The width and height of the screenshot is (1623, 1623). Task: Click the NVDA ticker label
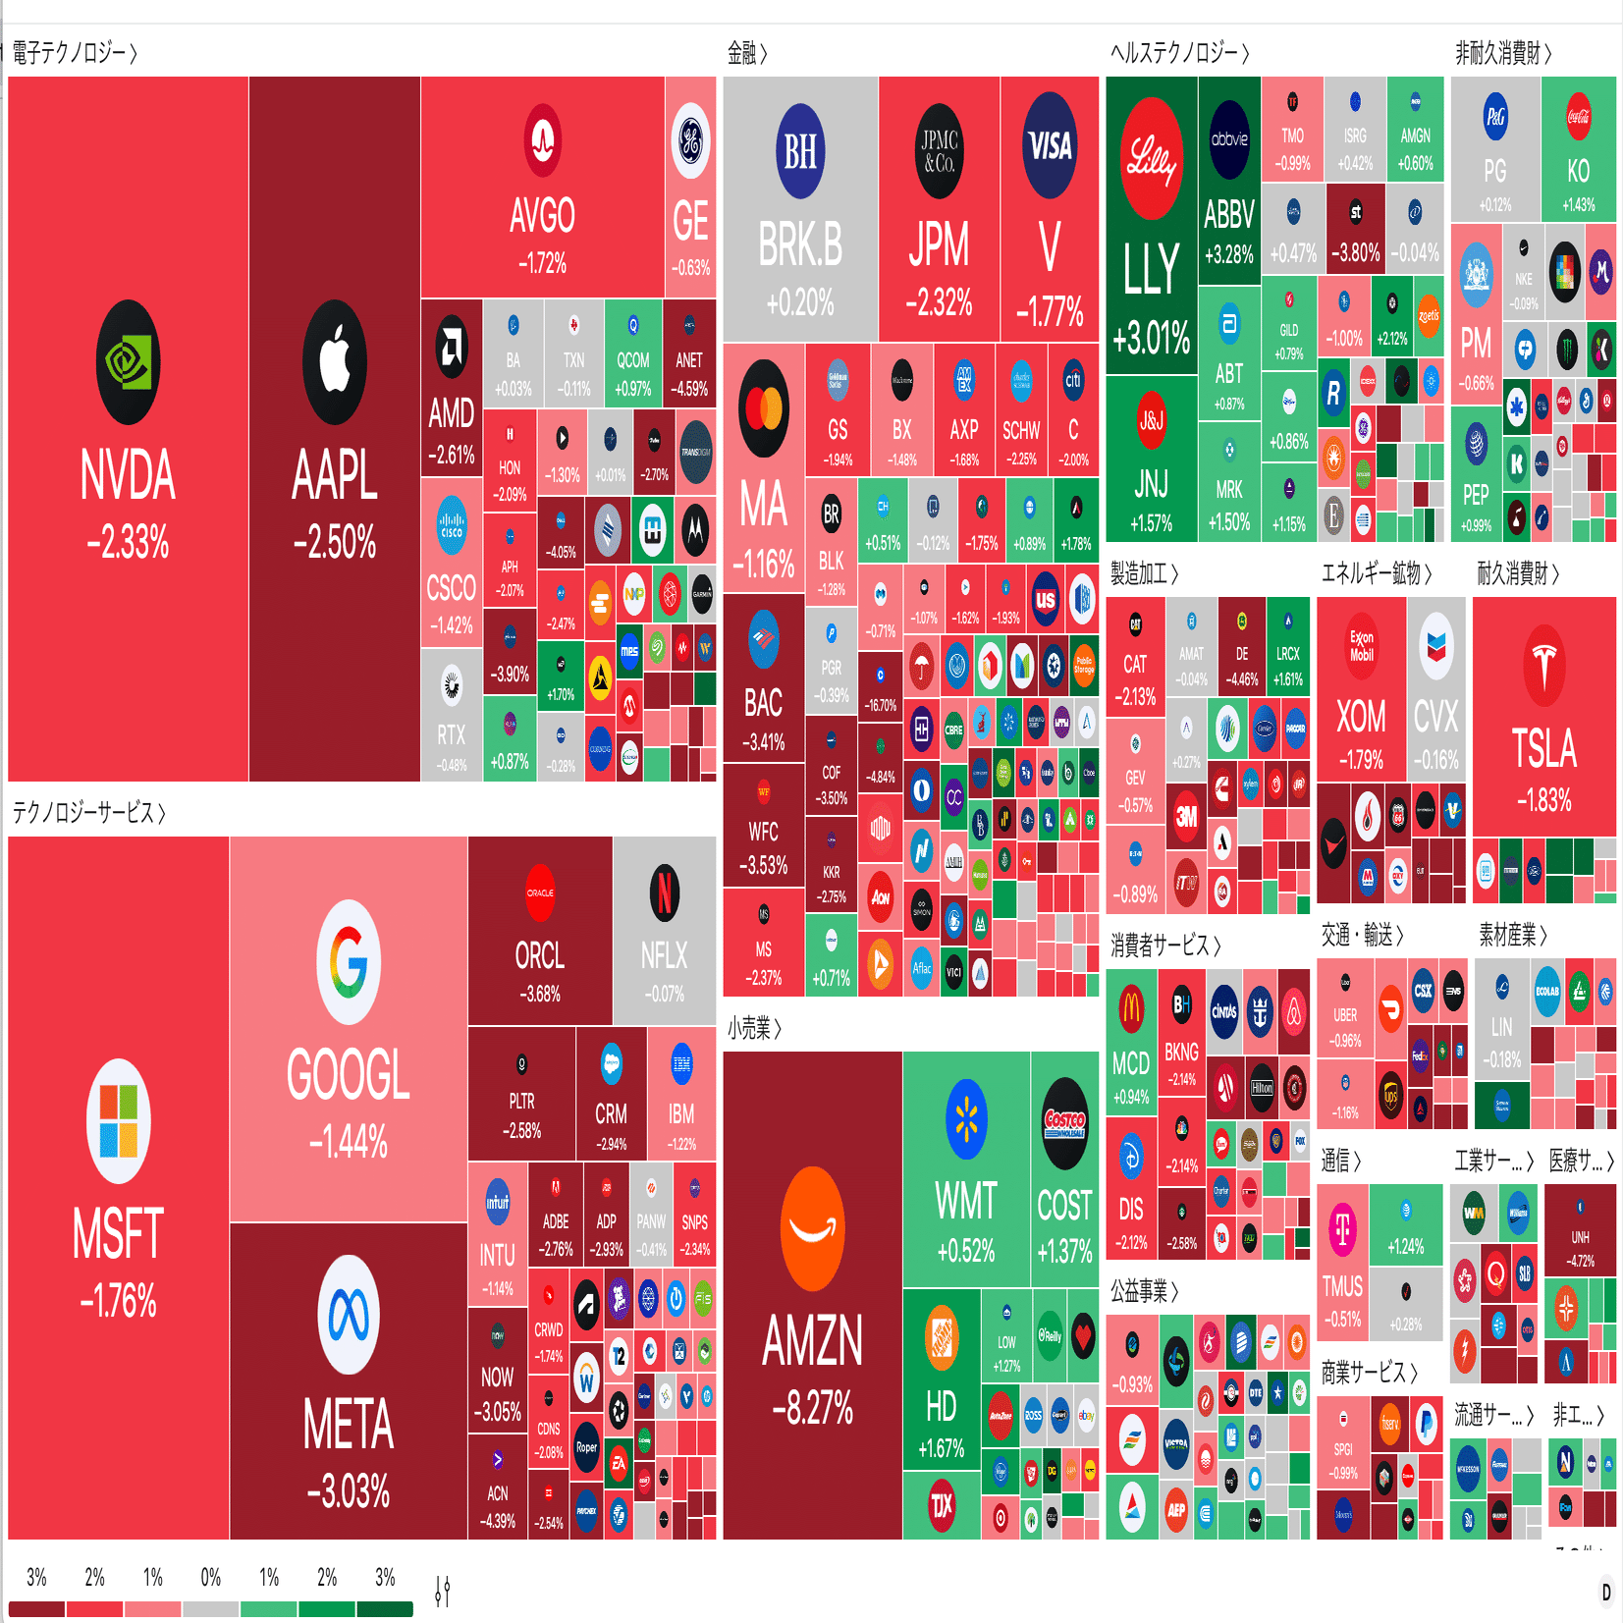pyautogui.click(x=128, y=475)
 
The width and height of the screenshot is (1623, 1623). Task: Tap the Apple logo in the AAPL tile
pyautogui.click(x=335, y=362)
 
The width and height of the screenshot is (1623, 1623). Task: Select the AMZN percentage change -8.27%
pyautogui.click(x=812, y=1408)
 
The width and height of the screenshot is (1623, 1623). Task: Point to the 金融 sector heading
pyautogui.click(x=746, y=53)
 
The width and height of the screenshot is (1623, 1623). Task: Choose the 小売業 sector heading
pyautogui.click(x=753, y=1028)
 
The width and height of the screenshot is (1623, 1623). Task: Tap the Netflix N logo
pyautogui.click(x=665, y=893)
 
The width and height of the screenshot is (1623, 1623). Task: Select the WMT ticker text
pyautogui.click(x=966, y=1201)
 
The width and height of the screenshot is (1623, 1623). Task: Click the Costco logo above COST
pyautogui.click(x=1064, y=1123)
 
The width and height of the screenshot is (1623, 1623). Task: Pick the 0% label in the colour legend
pyautogui.click(x=210, y=1577)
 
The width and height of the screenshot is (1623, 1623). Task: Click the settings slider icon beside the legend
pyautogui.click(x=443, y=1590)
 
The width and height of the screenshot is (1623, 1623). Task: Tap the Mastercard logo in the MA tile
pyautogui.click(x=764, y=408)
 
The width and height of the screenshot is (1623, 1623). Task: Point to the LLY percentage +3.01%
pyautogui.click(x=1151, y=338)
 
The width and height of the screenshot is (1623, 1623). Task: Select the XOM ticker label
pyautogui.click(x=1361, y=717)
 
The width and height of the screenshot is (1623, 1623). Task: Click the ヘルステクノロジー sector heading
pyautogui.click(x=1178, y=53)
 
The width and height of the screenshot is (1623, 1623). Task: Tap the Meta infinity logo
pyautogui.click(x=348, y=1315)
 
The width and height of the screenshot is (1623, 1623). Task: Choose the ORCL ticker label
pyautogui.click(x=539, y=954)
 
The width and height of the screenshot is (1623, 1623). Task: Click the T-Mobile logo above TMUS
pyautogui.click(x=1342, y=1227)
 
